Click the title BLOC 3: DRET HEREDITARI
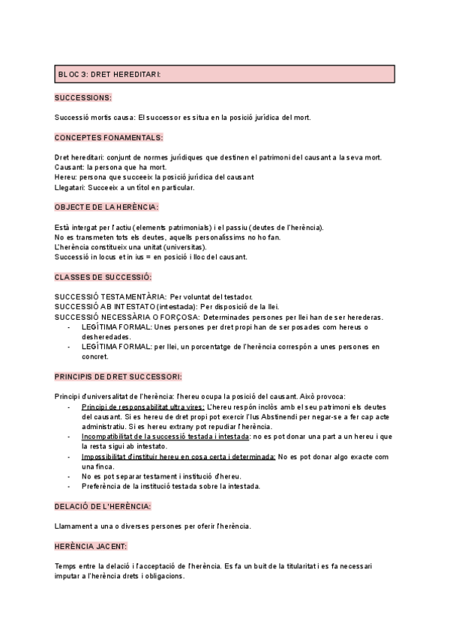109,74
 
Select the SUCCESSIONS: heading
83,97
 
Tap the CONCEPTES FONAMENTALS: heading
109,137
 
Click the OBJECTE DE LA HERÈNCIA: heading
106,207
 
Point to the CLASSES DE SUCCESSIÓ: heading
109,277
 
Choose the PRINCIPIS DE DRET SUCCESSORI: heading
118,376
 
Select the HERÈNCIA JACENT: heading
91,546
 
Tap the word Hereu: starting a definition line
67,177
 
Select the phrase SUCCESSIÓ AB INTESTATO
105,307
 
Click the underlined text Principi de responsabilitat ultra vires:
142,406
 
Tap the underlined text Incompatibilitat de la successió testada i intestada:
166,436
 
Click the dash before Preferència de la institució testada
70,486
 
